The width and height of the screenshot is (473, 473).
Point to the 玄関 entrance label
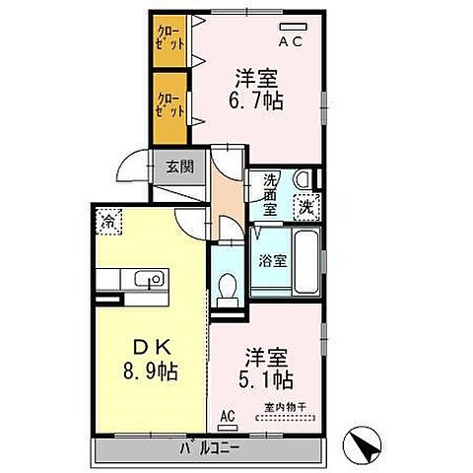[178, 167]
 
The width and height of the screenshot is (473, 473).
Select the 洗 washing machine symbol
[306, 208]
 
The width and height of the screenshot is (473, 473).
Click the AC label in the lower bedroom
[227, 415]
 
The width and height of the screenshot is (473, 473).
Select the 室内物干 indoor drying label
[284, 407]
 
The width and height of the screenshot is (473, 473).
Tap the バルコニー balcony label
[209, 450]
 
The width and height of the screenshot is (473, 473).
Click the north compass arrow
[365, 445]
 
